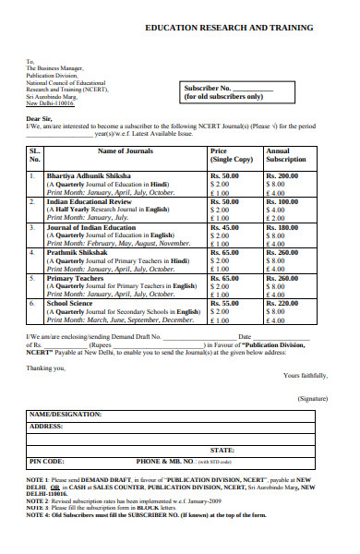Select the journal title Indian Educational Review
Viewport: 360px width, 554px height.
(x=89, y=201)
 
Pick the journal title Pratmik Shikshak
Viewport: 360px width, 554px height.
(x=77, y=252)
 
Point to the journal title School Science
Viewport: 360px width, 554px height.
(x=71, y=303)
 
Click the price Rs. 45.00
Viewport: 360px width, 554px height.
(x=224, y=227)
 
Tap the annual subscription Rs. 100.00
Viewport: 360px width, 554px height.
(x=282, y=201)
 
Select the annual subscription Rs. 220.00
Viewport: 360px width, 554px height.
(x=282, y=303)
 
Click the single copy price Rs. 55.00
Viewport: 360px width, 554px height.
(x=224, y=303)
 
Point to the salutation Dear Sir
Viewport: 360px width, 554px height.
(x=39, y=119)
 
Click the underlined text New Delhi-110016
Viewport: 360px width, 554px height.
(x=49, y=104)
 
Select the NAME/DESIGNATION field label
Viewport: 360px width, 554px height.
(x=66, y=415)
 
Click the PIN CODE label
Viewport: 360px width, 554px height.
(x=47, y=460)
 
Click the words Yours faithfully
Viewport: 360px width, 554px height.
(x=304, y=375)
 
